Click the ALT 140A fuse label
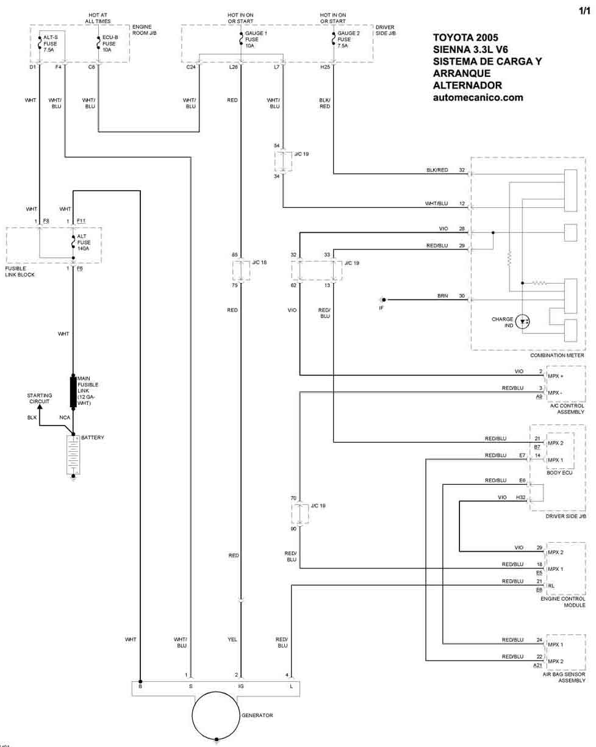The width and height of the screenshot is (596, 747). point(84,243)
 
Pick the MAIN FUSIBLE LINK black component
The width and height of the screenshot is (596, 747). point(73,392)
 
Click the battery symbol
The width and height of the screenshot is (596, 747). point(73,454)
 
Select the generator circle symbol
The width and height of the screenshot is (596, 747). point(217,715)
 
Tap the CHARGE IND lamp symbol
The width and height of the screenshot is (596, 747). point(523,321)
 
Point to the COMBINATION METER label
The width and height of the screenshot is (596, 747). point(558,355)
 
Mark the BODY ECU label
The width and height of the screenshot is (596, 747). point(560,473)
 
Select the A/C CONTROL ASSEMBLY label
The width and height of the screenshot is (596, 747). point(567,409)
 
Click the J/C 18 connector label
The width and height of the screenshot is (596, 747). point(259,263)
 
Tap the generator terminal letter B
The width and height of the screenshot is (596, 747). point(140,687)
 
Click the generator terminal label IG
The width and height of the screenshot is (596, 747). point(241,687)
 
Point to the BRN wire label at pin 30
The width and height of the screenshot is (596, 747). point(442,296)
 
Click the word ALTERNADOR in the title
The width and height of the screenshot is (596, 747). point(468,85)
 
